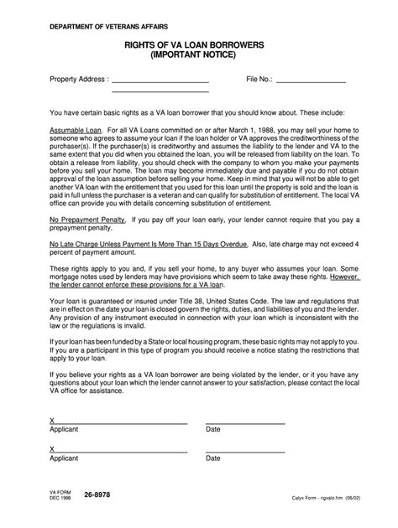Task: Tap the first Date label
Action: click(213, 429)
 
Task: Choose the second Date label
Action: click(213, 458)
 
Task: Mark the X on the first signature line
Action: click(52, 420)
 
